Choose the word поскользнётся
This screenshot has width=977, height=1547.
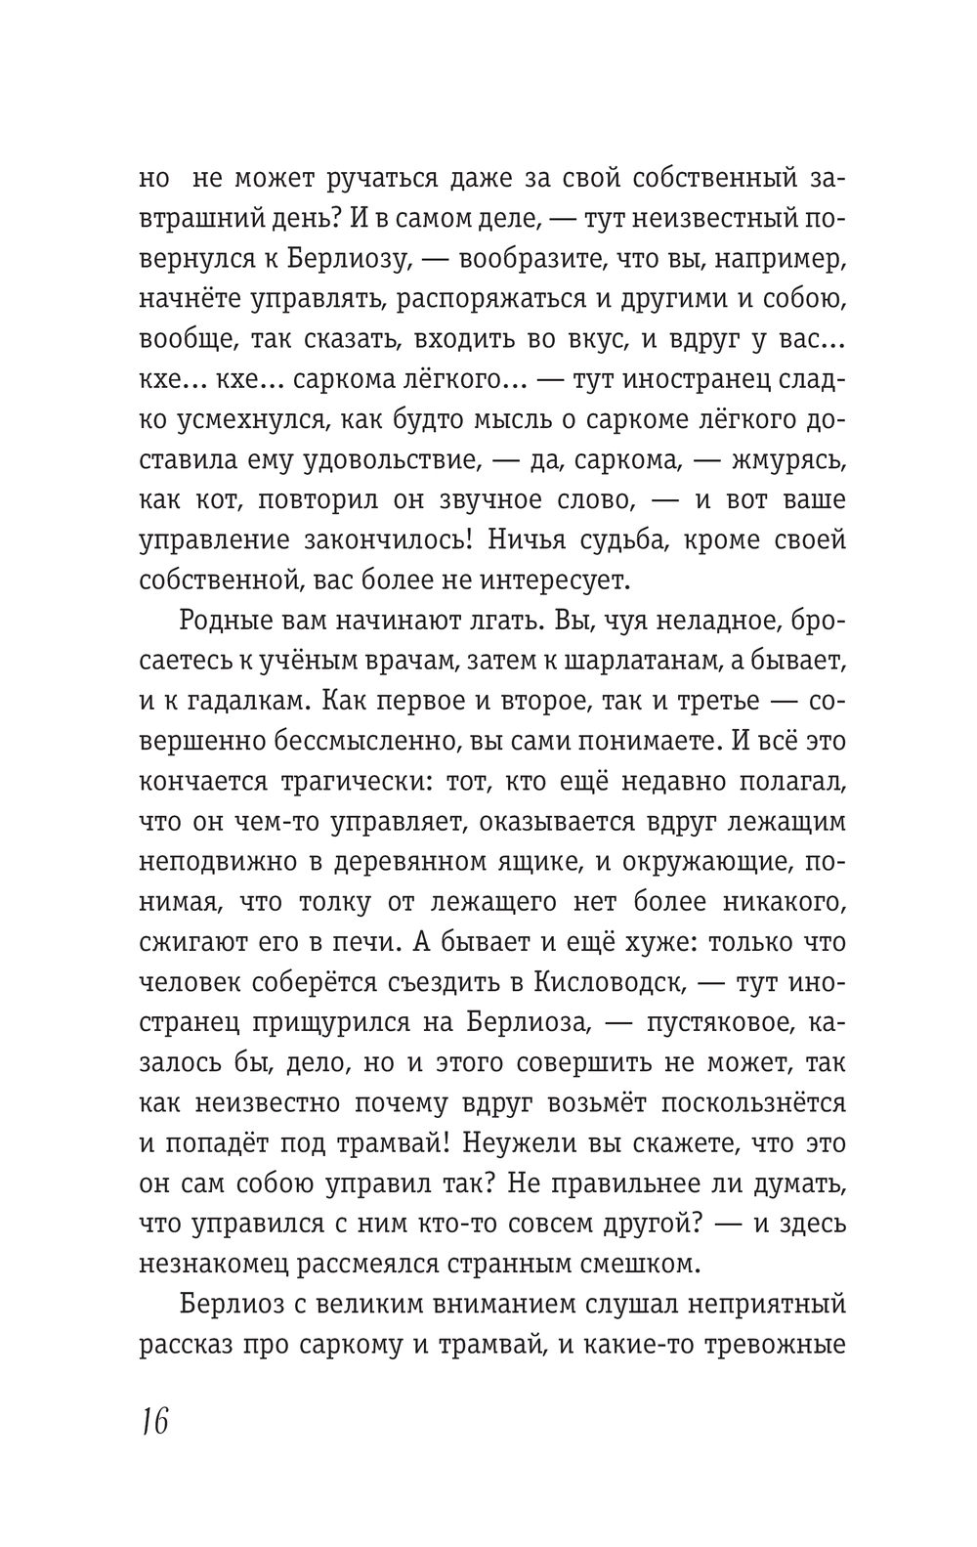click(753, 1102)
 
